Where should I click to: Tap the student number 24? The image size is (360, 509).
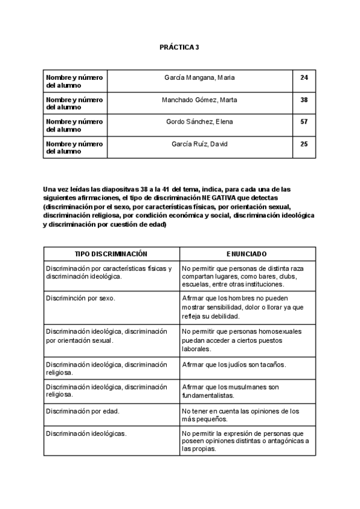point(304,78)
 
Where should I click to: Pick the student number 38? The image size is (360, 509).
point(304,100)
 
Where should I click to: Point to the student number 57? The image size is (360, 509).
point(304,122)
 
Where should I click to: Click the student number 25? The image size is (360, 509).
point(304,144)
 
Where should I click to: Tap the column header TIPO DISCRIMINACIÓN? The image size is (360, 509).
point(111,254)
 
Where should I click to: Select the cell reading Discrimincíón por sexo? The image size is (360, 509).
point(80,298)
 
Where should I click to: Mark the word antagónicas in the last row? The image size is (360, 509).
point(281,441)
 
